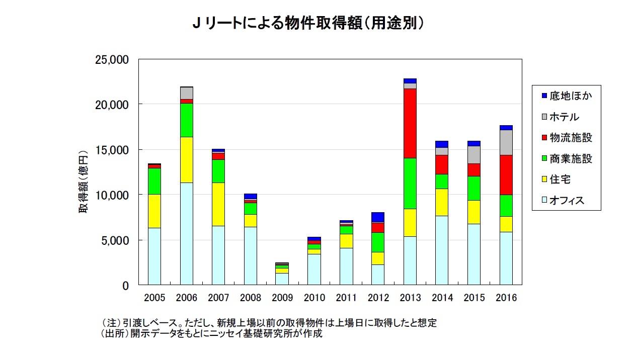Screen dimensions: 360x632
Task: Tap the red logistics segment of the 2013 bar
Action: click(410, 123)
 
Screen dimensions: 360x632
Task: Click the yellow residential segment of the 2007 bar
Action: click(218, 204)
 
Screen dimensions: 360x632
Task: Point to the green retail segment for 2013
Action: click(410, 184)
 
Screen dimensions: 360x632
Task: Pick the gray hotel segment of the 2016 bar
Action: click(506, 142)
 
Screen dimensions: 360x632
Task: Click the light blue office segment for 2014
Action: click(442, 250)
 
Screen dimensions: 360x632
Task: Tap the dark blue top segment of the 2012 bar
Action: click(378, 217)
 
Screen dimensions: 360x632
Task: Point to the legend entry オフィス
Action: click(567, 201)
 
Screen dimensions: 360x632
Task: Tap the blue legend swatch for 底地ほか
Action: click(543, 96)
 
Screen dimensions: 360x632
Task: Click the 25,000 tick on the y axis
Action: click(112, 60)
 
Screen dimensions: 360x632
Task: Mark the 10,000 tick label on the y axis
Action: click(112, 195)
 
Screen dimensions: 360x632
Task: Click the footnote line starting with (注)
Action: click(269, 323)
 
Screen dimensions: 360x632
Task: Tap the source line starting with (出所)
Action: click(212, 334)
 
